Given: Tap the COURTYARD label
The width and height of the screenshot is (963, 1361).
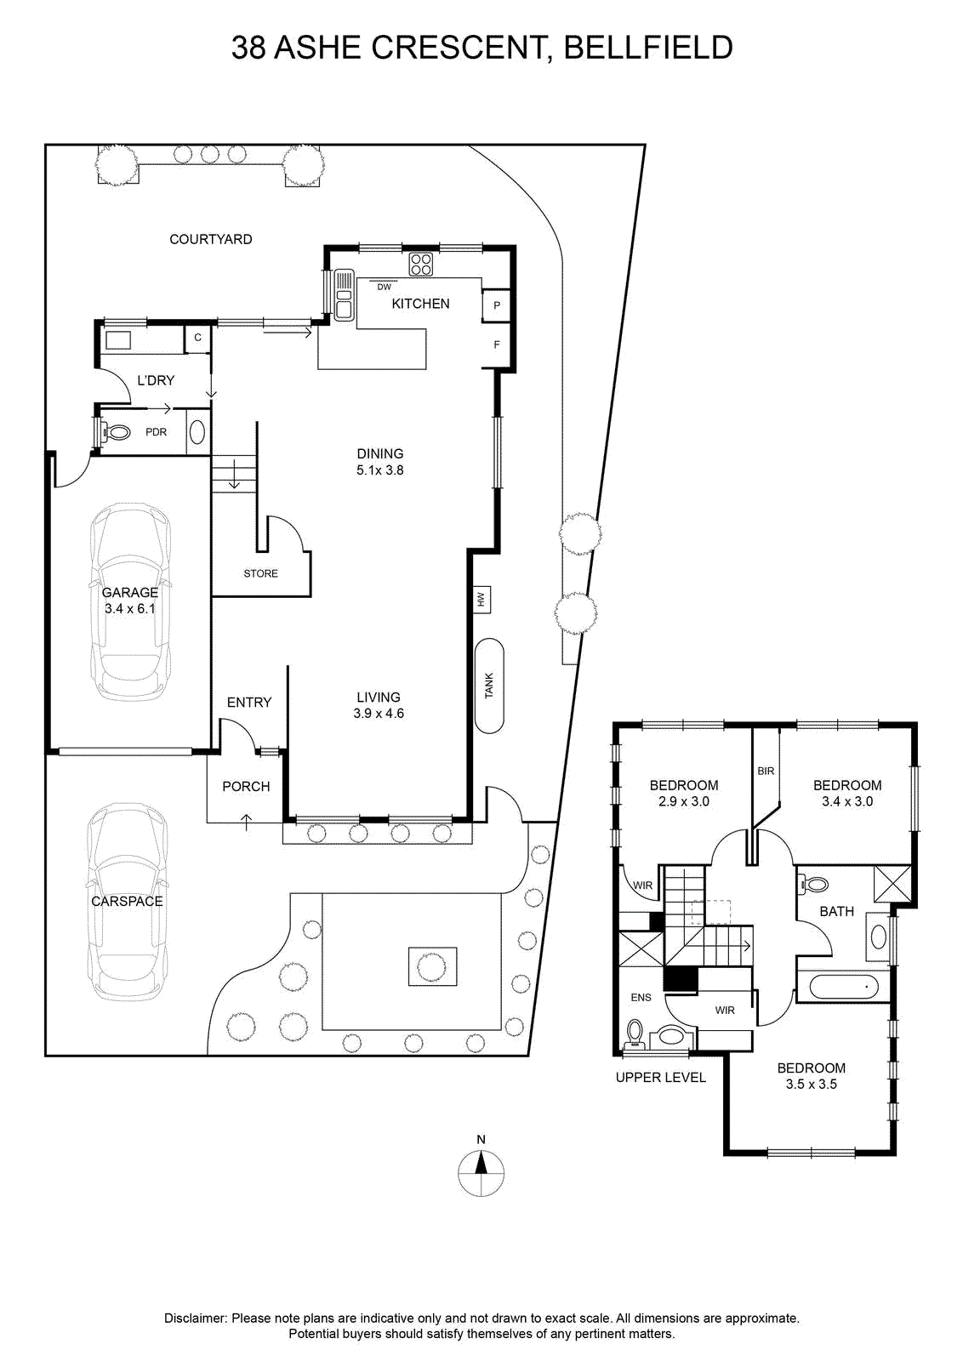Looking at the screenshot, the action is (210, 239).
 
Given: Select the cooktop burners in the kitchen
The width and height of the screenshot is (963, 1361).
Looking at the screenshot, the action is (421, 265).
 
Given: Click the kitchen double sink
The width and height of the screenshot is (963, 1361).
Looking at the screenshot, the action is (344, 294).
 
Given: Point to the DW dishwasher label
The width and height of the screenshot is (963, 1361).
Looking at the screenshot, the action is (384, 287).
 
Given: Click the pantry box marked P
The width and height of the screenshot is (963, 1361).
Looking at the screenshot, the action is (496, 305).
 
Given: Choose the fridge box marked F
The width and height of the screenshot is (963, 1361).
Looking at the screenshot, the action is (496, 345).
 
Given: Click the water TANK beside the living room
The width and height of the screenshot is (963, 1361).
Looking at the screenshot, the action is (489, 686).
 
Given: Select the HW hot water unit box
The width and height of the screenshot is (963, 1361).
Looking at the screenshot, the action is (481, 600).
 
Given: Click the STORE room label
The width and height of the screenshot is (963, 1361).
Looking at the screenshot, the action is (260, 573).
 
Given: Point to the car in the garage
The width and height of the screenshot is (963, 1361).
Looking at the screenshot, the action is (130, 601).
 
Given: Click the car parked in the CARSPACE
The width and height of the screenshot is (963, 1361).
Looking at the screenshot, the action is (127, 902).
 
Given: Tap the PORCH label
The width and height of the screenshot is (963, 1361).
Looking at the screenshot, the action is (246, 787).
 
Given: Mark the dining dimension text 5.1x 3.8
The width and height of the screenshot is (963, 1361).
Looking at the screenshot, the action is (379, 470).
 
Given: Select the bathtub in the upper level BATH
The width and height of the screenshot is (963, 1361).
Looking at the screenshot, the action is (844, 988).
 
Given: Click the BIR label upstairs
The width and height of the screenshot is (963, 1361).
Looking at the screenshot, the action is (766, 771).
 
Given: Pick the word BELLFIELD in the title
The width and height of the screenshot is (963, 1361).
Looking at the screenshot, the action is (648, 48).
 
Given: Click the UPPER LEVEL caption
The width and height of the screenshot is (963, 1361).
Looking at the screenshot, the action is (660, 1078).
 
